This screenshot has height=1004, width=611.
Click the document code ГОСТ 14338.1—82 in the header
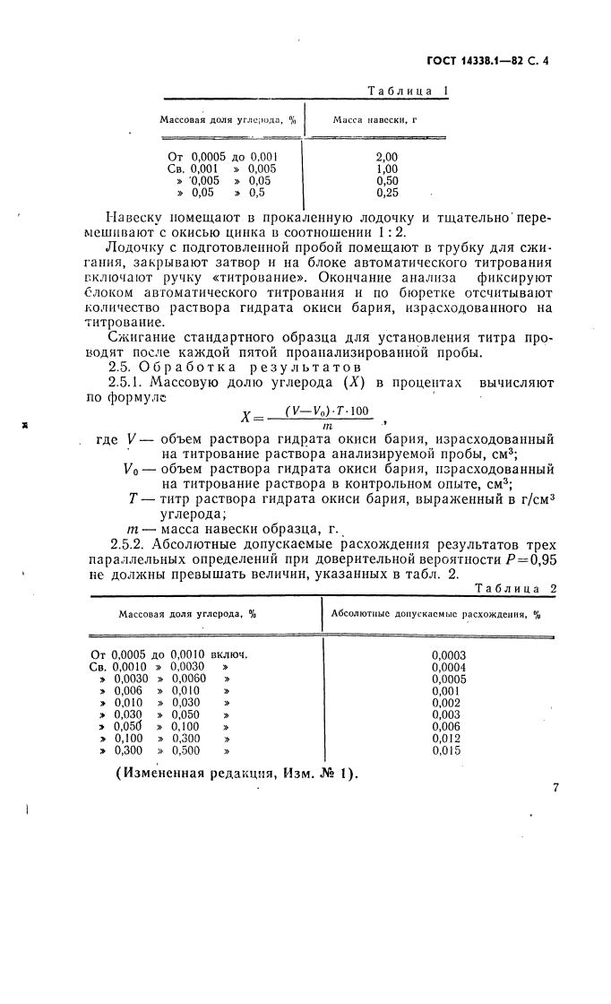coord(484,62)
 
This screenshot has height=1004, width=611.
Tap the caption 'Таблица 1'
coord(409,91)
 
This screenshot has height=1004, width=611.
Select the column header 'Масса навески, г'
coord(375,119)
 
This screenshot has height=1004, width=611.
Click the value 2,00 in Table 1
coord(386,156)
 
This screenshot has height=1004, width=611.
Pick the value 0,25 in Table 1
coord(387,192)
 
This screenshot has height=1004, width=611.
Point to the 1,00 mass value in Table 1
coord(386,169)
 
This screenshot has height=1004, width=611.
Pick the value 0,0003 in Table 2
coord(449,654)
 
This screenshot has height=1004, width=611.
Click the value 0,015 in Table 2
coord(446,750)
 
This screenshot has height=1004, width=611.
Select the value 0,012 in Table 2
coord(446,739)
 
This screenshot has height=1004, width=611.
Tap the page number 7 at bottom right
coord(555,787)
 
